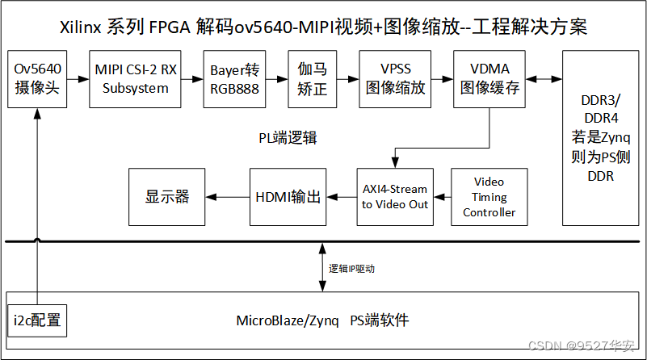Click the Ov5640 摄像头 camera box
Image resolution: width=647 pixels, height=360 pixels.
click(x=37, y=78)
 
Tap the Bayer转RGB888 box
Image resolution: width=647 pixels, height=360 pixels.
click(x=233, y=78)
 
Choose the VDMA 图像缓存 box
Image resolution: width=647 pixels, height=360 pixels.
click(x=489, y=78)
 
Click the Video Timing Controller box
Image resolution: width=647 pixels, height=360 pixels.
click(x=489, y=197)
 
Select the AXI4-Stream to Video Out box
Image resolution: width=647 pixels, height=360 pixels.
click(x=395, y=197)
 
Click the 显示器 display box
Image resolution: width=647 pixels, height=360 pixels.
click(x=166, y=197)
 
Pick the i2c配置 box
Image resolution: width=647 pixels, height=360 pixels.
click(x=36, y=320)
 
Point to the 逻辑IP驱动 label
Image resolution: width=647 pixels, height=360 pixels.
click(x=351, y=269)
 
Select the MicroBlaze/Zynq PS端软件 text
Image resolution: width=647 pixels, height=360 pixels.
click(x=322, y=320)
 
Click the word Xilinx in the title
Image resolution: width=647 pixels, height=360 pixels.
click(x=80, y=27)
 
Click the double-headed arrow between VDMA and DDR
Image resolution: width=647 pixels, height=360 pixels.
click(x=544, y=78)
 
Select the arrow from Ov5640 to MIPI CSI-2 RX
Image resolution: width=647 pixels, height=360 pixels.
click(x=78, y=78)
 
